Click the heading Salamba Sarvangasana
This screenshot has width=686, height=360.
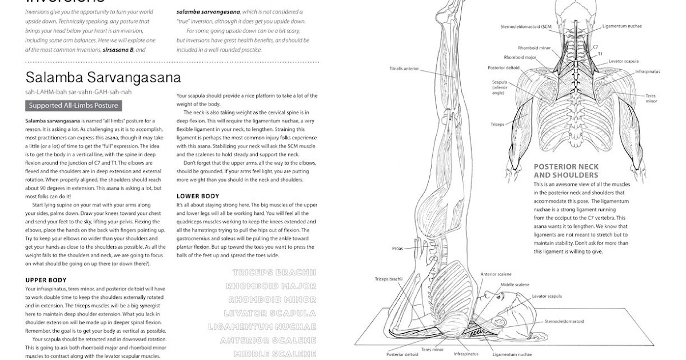coord(103,78)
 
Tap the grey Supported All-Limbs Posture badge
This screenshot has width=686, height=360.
coord(73,106)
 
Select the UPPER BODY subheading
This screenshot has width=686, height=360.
coord(46,280)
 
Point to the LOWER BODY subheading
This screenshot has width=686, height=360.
coord(198,196)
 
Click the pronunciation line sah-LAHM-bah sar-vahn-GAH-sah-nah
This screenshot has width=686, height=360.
coord(78,92)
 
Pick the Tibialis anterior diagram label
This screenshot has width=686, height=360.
coord(404,69)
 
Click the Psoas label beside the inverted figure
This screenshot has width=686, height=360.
coord(397,249)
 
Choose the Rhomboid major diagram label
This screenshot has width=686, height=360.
coord(520,57)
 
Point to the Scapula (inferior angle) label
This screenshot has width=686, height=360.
coord(499,87)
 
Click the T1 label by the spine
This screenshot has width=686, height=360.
coord(600,54)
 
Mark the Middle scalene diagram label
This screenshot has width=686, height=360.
coord(514,285)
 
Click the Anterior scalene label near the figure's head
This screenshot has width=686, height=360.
coord(496,274)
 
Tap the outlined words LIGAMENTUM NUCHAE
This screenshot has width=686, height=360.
coord(262,327)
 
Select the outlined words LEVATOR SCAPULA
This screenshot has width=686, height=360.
coord(269,313)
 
